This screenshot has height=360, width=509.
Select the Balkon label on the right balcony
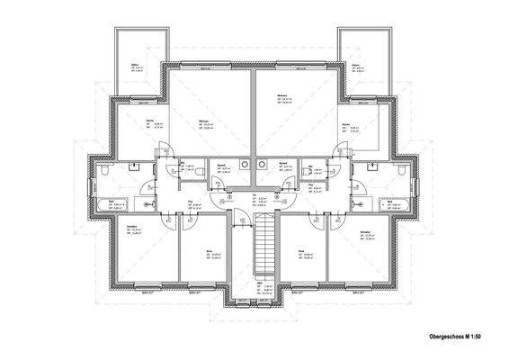coord(356,65)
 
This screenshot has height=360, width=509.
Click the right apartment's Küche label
coord(345,122)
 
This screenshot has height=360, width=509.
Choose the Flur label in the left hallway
coord(191,202)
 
